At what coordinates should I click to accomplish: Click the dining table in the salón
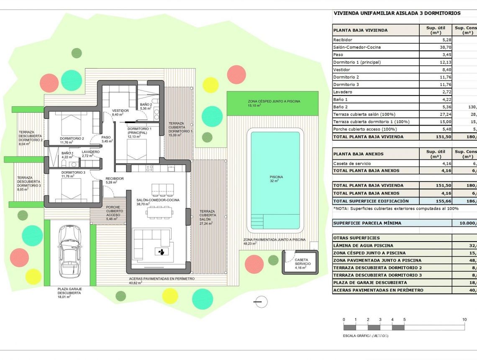click(159, 213)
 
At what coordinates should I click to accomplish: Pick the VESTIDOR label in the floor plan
click(120, 111)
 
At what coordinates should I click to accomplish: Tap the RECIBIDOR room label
click(114, 179)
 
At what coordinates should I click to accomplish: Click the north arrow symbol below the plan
click(260, 301)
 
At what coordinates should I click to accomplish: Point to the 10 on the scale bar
click(464, 320)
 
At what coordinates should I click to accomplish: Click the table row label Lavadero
click(342, 92)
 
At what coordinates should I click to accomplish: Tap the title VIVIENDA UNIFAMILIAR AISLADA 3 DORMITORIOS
click(397, 13)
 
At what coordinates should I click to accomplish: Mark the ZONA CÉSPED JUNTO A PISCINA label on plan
click(274, 102)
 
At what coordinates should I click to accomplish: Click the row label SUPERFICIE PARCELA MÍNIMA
click(367, 223)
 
